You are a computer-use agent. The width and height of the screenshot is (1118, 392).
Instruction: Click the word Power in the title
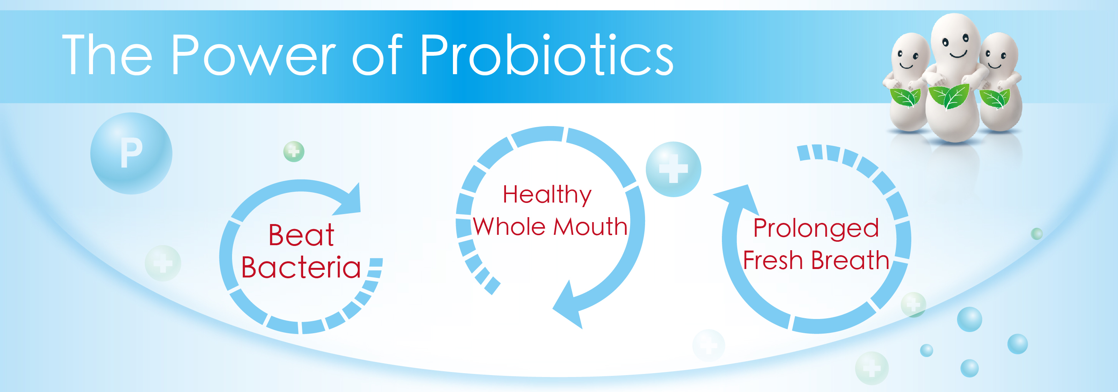pos(254,55)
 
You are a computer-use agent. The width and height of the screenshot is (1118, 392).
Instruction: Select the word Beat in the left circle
pos(301,235)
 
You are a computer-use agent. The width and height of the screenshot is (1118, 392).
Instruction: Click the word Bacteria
pos(301,267)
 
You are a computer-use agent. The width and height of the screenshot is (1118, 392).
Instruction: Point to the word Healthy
pos(547,195)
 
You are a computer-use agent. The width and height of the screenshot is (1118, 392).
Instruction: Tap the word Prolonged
pos(816,228)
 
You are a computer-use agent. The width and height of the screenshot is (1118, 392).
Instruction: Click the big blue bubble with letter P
pos(131,153)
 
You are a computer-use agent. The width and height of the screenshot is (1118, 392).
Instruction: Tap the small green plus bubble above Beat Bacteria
pos(294,151)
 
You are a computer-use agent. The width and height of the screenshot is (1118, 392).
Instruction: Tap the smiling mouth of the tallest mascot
pos(958,55)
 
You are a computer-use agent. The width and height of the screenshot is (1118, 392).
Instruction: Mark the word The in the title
pos(107,55)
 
